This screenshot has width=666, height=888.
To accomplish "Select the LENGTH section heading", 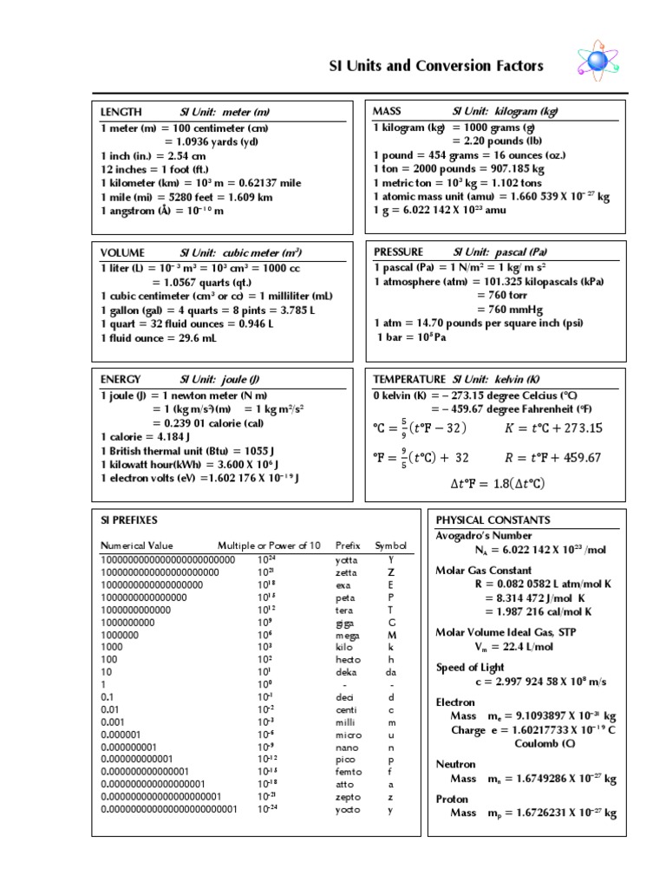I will (x=121, y=112).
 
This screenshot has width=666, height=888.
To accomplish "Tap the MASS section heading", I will (x=387, y=112).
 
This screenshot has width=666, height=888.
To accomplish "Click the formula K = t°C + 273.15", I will (x=553, y=428).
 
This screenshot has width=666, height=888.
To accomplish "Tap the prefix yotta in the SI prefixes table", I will (x=346, y=559).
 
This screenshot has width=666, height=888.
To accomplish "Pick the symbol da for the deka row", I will (x=391, y=672).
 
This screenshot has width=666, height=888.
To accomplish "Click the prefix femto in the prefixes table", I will (x=348, y=770).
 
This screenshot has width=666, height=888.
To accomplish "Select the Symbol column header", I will (x=390, y=545).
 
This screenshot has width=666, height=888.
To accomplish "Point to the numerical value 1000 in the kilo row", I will (x=112, y=646).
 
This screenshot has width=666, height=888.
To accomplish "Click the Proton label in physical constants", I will (x=452, y=799).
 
